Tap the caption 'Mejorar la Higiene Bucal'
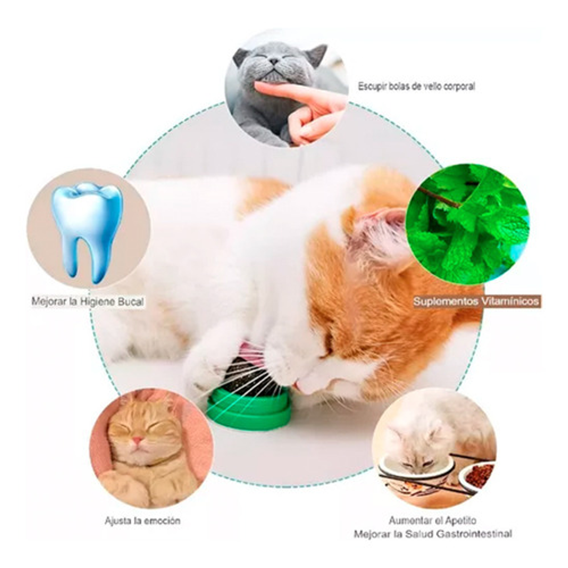click(x=88, y=302)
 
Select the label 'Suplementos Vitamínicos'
click(x=476, y=302)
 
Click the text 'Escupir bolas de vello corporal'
click(x=416, y=87)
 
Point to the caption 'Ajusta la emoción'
click(x=142, y=521)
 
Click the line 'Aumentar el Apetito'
click(x=432, y=521)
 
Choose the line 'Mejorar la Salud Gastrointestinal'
click(x=432, y=534)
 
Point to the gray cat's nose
click(x=274, y=61)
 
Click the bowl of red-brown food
click(x=478, y=477)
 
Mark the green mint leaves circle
click(x=467, y=223)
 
